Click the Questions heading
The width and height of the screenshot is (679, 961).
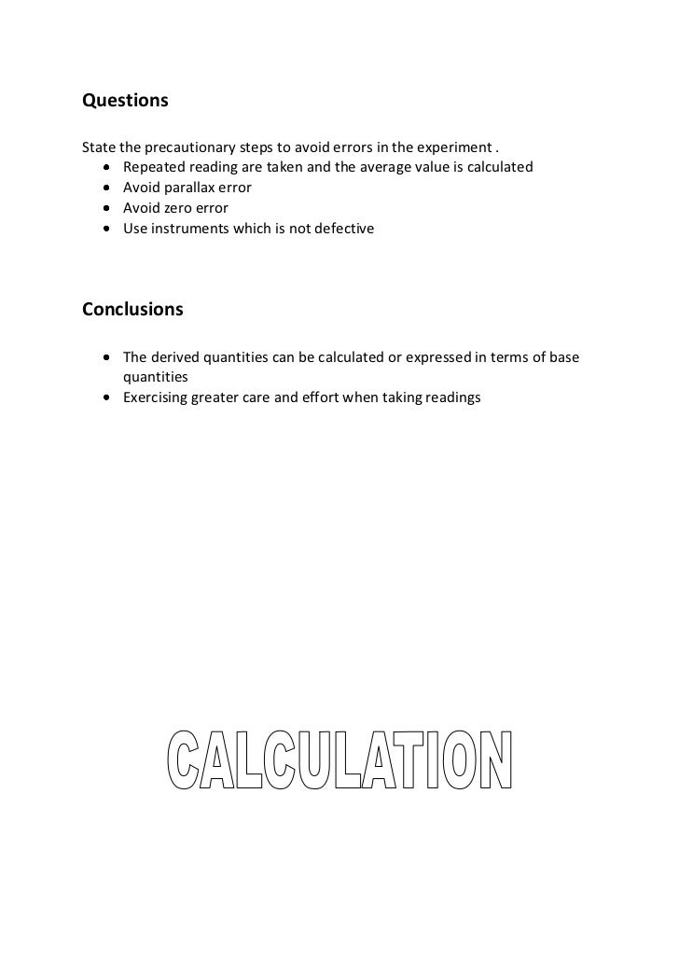[x=125, y=100]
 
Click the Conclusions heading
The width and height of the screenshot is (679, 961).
[x=132, y=309]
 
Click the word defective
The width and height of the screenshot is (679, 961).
[x=343, y=228]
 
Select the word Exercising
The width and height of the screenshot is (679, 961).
[x=155, y=398]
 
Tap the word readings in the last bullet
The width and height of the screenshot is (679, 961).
[x=450, y=398]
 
